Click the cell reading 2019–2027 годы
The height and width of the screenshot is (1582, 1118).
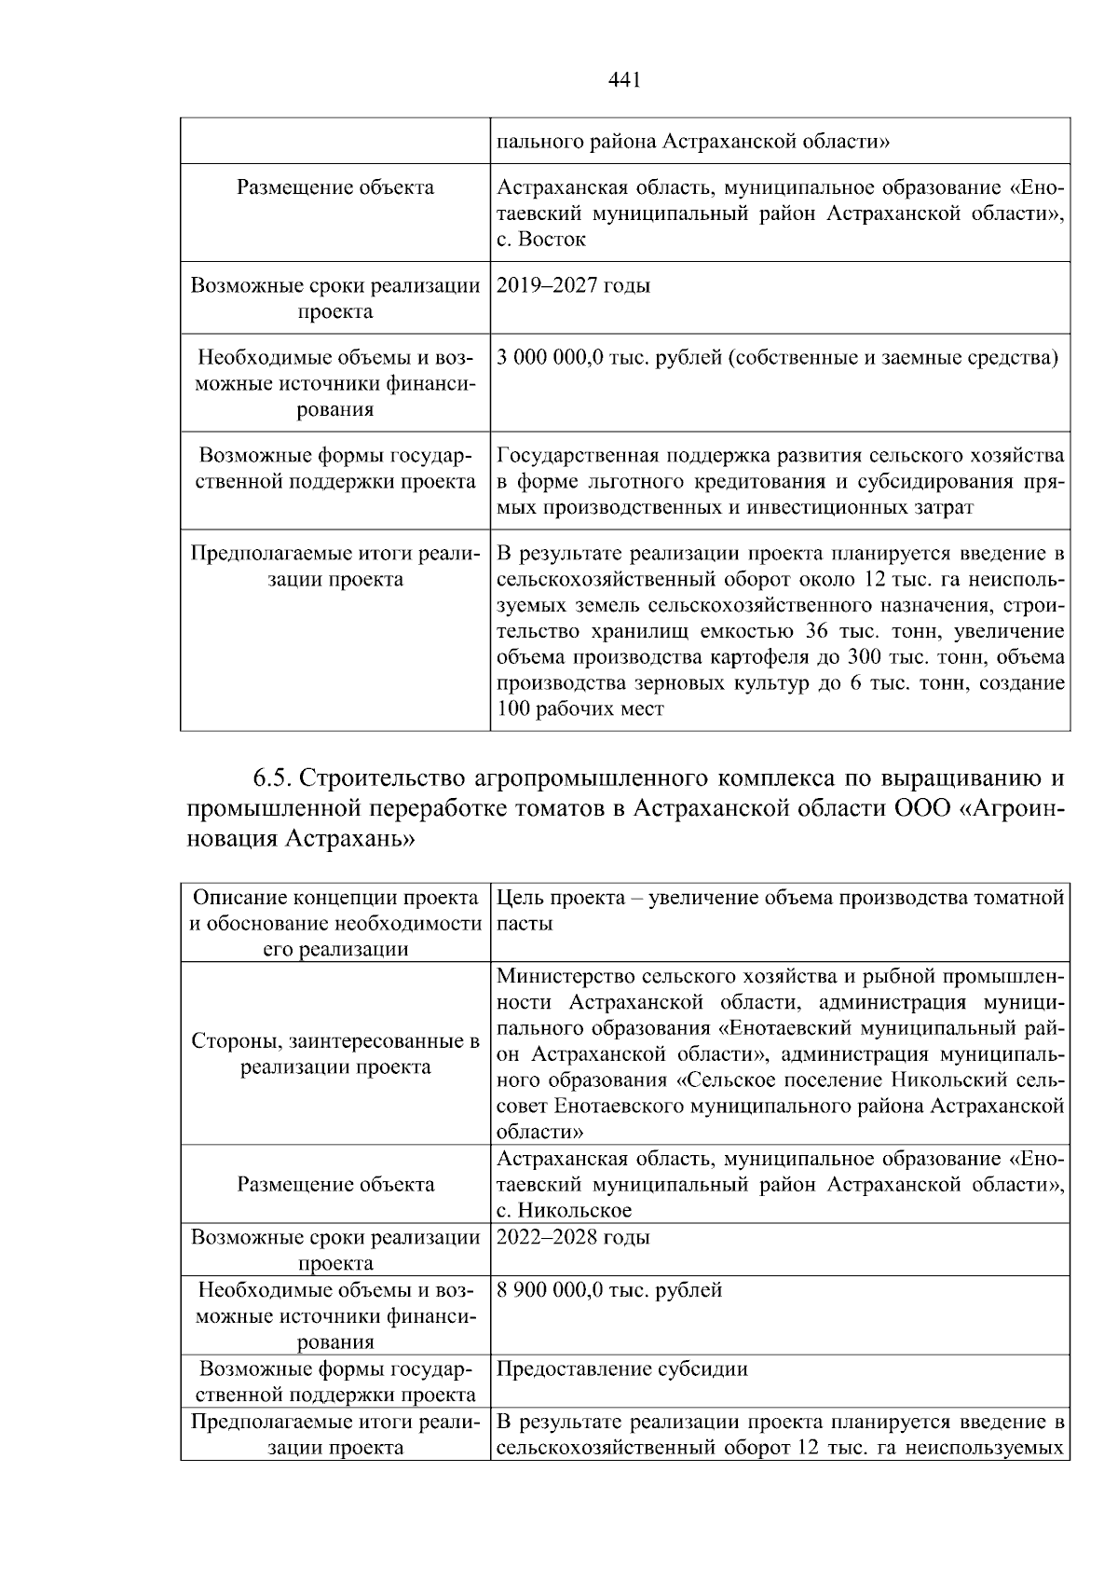pyautogui.click(x=574, y=285)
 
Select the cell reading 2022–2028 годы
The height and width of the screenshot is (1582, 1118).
pyautogui.click(x=574, y=1237)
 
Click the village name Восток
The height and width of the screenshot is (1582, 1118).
pyautogui.click(x=552, y=240)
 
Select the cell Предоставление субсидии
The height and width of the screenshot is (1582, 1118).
pyautogui.click(x=622, y=1369)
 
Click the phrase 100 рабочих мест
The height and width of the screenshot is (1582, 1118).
pyautogui.click(x=580, y=709)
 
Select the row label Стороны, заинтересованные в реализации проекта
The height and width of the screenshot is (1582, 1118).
pyautogui.click(x=335, y=1054)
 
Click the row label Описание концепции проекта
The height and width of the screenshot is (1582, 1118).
pyautogui.click(x=335, y=898)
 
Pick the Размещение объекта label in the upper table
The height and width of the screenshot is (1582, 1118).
pyautogui.click(x=335, y=187)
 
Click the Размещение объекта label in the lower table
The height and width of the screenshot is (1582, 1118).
pyautogui.click(x=335, y=1185)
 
